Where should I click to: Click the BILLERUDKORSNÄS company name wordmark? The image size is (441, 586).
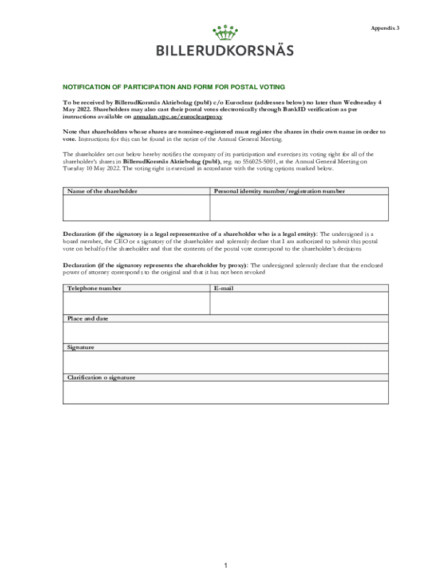pyautogui.click(x=225, y=50)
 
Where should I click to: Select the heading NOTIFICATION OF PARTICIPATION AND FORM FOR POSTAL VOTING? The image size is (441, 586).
pyautogui.click(x=174, y=87)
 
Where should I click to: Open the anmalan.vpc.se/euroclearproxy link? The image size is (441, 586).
pyautogui.click(x=178, y=116)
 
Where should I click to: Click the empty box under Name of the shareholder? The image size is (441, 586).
pyautogui.click(x=136, y=208)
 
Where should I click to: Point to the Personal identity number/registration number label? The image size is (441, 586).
pyautogui.click(x=279, y=191)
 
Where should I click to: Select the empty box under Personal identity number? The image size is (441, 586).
pyautogui.click(x=299, y=208)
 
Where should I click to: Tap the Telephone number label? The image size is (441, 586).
pyautogui.click(x=94, y=288)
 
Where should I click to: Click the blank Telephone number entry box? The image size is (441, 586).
pyautogui.click(x=136, y=303)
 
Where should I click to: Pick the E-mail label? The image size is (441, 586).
pyautogui.click(x=224, y=288)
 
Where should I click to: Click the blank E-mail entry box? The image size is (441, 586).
pyautogui.click(x=299, y=303)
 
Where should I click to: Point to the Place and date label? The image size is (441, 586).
pyautogui.click(x=88, y=318)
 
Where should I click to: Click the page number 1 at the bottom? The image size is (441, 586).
pyautogui.click(x=226, y=566)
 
